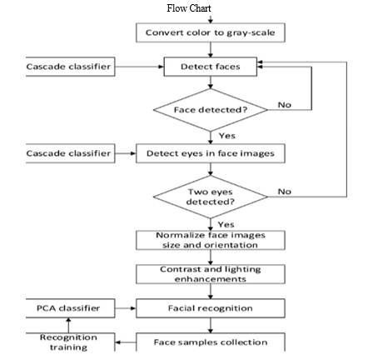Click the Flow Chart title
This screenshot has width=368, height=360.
pos(189,8)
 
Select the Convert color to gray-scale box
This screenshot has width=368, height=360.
pos(211,32)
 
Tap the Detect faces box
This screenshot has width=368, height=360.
pos(211,67)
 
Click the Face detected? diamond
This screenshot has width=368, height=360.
pos(211,110)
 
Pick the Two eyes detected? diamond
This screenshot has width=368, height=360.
pos(211,197)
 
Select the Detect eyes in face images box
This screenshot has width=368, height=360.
pos(211,153)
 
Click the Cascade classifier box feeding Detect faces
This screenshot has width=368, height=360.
pos(70,67)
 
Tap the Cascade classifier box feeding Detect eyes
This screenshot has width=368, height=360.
pos(70,153)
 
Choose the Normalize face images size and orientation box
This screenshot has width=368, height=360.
pos(211,240)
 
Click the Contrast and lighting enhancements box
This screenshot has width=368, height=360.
pos(211,274)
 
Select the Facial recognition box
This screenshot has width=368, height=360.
pos(211,308)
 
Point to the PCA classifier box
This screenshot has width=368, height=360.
pos(70,308)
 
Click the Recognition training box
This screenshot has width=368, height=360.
pos(70,342)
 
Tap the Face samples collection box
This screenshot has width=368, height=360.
pos(211,342)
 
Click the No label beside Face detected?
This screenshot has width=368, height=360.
pos(285,105)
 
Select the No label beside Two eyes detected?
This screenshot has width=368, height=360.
pos(285,192)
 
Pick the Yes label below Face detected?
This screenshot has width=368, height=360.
pos(227,136)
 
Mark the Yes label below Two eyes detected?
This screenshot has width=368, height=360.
pos(226,224)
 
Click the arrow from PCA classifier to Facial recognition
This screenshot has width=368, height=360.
pos(126,308)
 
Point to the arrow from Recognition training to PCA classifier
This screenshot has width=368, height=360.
pos(68,325)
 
